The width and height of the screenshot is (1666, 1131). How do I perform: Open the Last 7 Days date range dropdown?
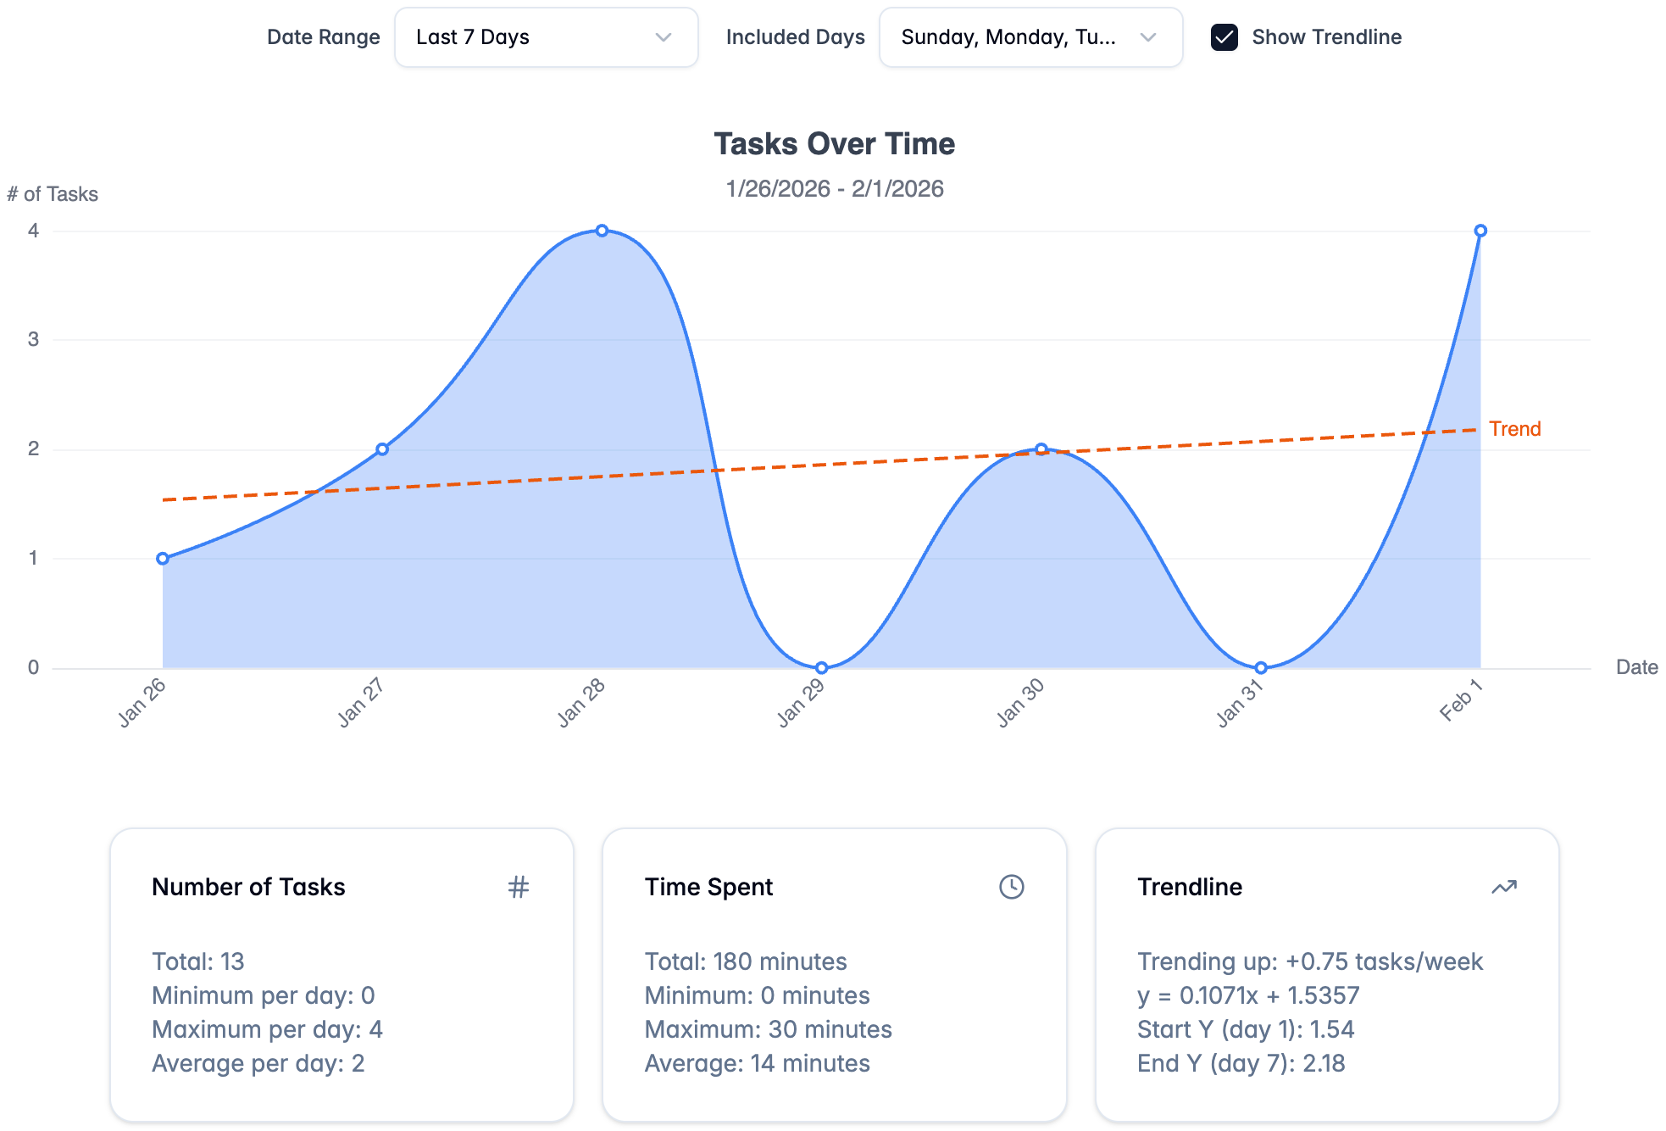[546, 37]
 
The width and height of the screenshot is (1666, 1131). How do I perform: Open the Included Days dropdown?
[1030, 37]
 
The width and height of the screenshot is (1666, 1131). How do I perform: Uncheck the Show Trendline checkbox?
[1224, 37]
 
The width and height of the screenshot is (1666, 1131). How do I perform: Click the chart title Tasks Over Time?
[834, 144]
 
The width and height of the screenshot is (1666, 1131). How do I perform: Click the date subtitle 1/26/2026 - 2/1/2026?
[834, 188]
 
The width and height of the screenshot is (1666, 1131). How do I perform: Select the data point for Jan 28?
[602, 231]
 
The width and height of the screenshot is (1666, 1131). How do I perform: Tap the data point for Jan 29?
[821, 668]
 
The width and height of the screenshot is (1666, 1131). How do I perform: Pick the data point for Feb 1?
[1480, 231]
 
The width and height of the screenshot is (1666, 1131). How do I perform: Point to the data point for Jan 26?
[163, 559]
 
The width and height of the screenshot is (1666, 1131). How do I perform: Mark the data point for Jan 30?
[1041, 449]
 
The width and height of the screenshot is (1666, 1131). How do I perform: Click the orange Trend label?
[1514, 429]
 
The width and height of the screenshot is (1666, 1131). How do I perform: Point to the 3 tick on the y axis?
[33, 340]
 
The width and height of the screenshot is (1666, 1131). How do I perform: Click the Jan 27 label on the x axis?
[361, 703]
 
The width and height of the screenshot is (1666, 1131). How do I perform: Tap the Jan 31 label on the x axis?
[1239, 703]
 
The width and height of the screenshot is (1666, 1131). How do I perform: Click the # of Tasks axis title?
[53, 194]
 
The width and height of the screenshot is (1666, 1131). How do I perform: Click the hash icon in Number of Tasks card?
[518, 887]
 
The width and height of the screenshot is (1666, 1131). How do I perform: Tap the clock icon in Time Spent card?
[1011, 887]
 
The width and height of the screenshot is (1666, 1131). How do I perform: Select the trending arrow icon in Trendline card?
[1503, 887]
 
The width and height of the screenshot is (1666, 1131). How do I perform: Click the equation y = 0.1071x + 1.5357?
[1247, 995]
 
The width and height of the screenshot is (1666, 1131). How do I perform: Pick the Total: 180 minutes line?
[745, 961]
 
